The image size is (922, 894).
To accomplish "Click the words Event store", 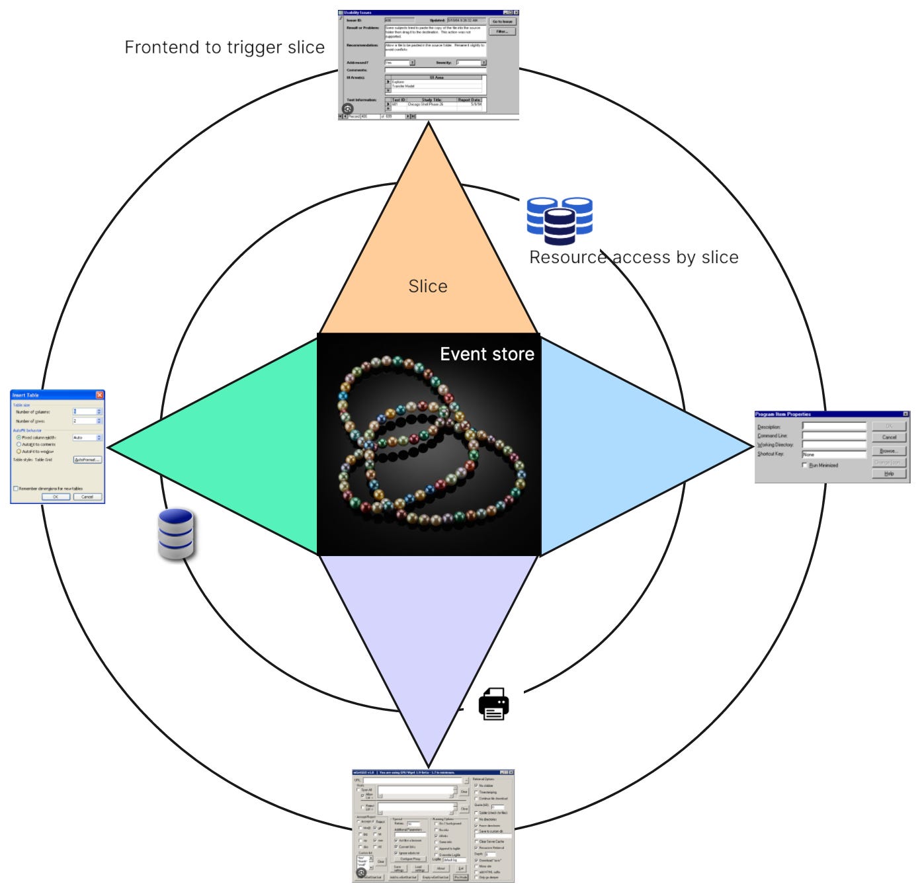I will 487,354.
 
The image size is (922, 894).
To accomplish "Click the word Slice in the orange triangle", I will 428,286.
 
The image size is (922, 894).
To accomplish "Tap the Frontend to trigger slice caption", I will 224,48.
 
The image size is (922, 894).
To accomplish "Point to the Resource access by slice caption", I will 634,257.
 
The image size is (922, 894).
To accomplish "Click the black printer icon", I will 494,704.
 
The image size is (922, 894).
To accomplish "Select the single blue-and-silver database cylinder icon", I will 176,534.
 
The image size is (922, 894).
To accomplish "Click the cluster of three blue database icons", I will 560,220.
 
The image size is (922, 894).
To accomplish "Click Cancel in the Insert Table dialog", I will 87,497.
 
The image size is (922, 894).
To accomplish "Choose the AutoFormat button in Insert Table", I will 87,460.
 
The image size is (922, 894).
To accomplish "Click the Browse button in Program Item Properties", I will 888,451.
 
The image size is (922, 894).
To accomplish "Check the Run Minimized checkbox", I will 805,466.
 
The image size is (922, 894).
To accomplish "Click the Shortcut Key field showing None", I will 833,455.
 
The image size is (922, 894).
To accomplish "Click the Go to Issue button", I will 502,22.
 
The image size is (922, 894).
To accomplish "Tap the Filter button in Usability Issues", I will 502,32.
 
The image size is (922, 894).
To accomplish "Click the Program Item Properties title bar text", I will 783,415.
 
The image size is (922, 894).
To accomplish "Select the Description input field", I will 833,427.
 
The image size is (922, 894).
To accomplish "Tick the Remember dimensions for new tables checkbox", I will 16,489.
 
